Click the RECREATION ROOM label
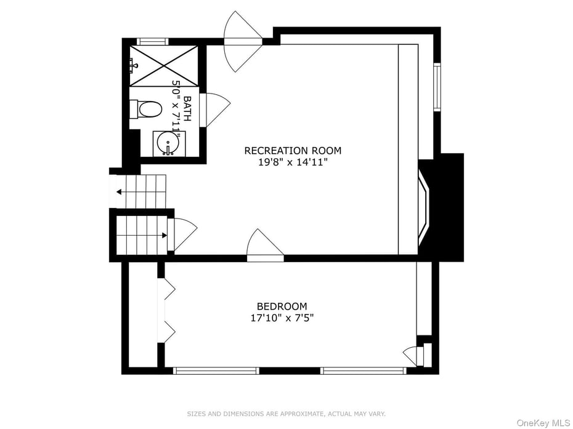point(293,151)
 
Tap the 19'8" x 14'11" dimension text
point(293,163)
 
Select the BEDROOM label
point(282,307)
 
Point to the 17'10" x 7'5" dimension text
point(282,318)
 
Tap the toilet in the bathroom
point(147,110)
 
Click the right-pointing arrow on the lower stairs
point(163,235)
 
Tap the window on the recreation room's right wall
point(437,87)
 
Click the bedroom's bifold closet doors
point(167,311)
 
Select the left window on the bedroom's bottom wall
point(216,371)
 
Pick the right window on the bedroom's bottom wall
point(363,371)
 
